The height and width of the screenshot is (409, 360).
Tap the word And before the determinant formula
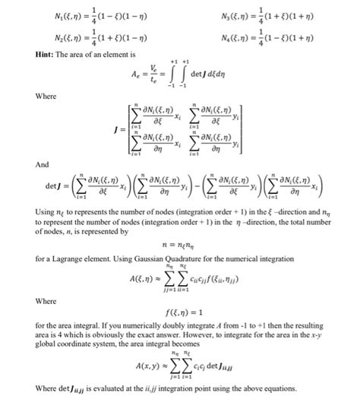43,164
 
